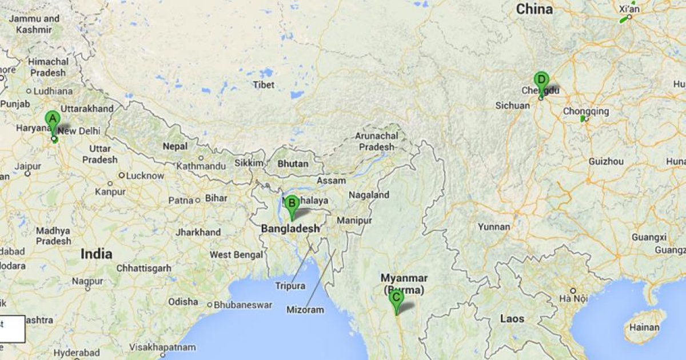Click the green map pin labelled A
(52, 121)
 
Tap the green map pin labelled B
(292, 204)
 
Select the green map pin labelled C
(395, 298)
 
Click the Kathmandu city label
(201, 166)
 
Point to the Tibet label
(264, 85)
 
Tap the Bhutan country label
(293, 163)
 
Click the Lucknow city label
(145, 175)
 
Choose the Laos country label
(512, 318)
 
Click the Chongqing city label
(586, 111)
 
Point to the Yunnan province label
(494, 227)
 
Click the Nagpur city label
(87, 281)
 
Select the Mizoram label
(305, 310)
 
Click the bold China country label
(535, 9)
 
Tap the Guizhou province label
(606, 162)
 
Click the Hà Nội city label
(573, 298)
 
